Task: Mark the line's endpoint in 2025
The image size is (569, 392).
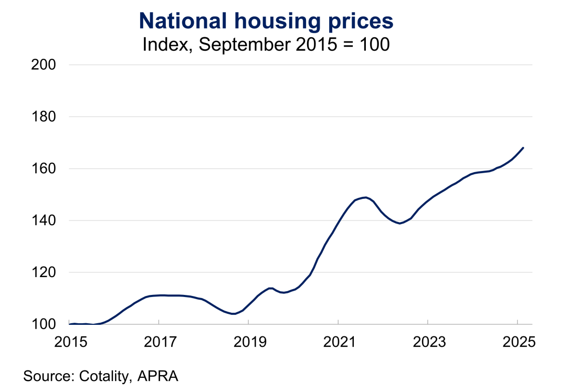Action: [523, 148]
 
